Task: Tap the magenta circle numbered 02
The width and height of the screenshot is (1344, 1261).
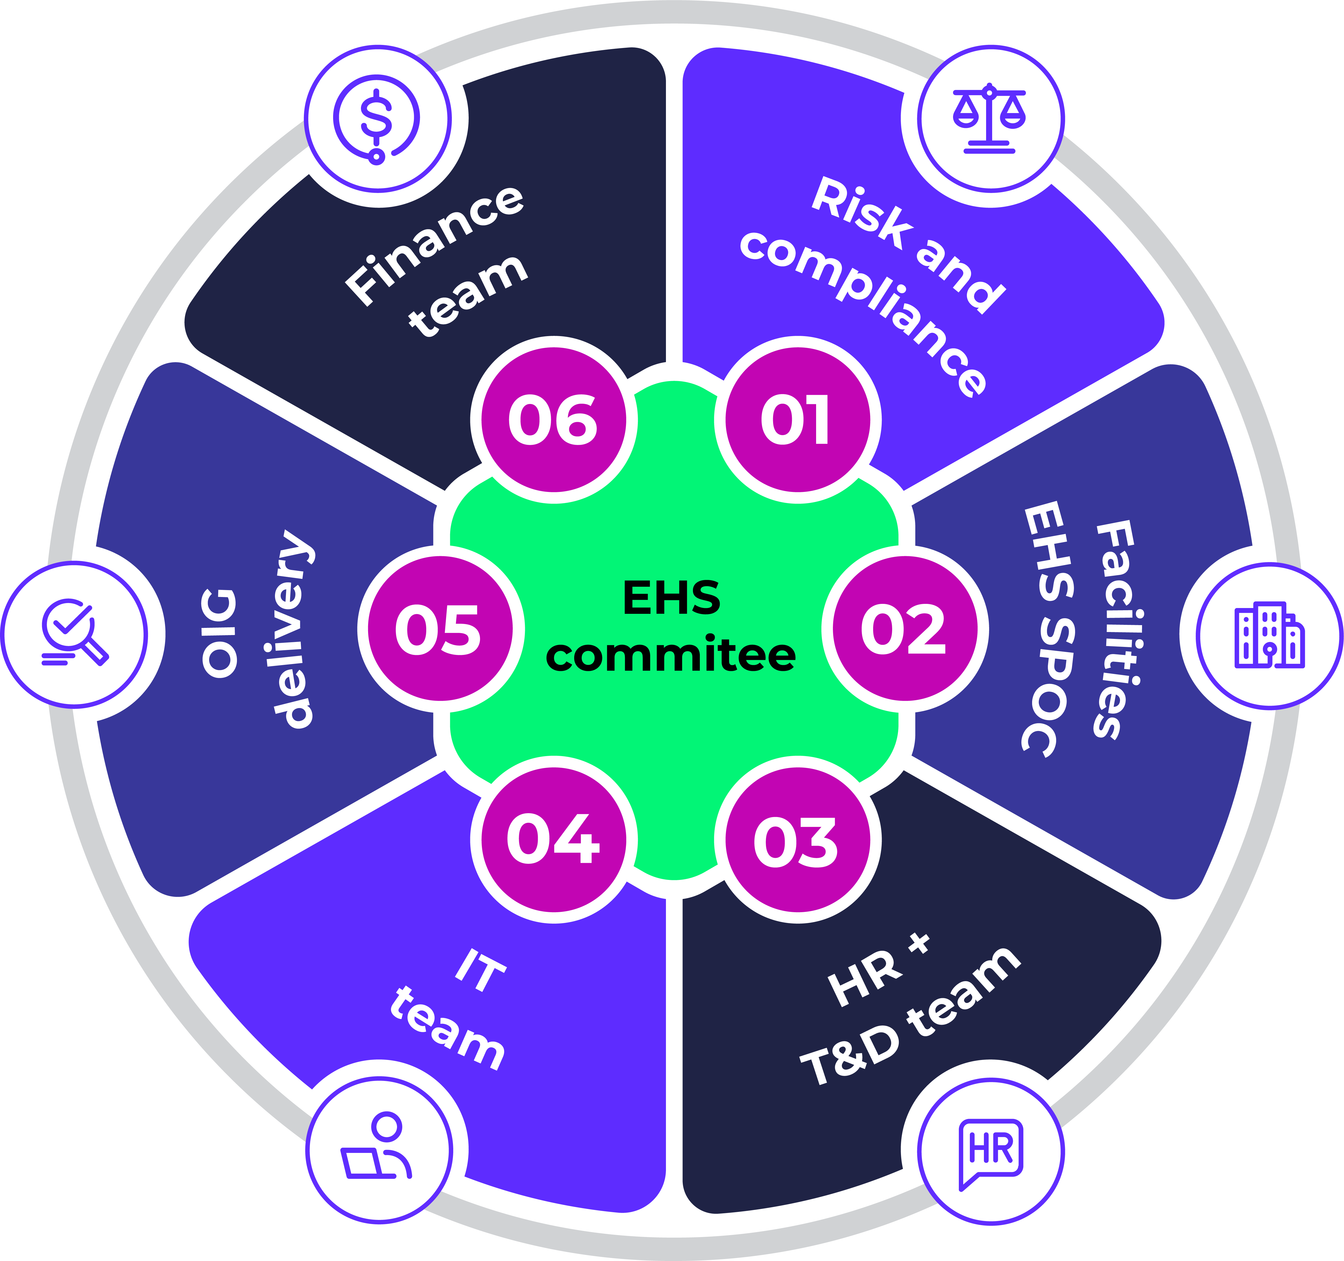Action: pyautogui.click(x=905, y=629)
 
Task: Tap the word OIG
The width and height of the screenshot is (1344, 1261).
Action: pyautogui.click(x=220, y=633)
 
